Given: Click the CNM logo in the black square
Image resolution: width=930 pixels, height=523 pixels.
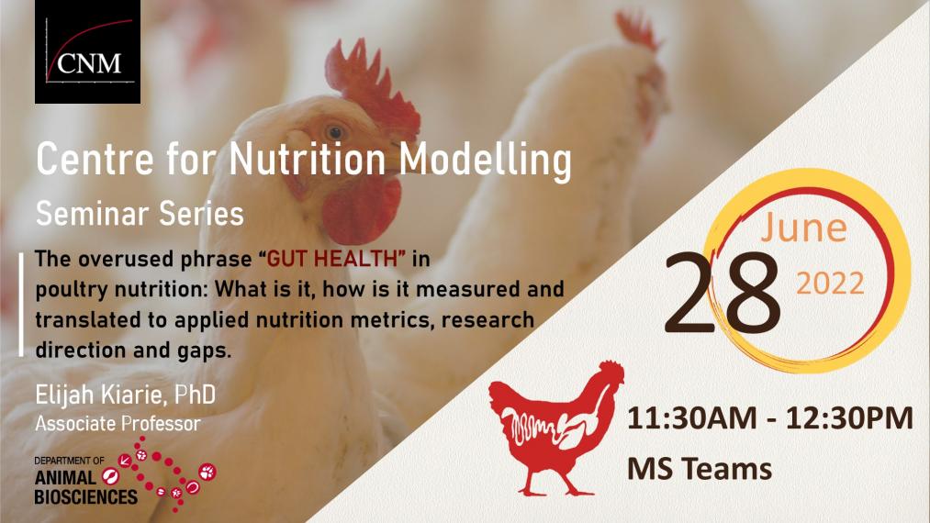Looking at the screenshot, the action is (88, 52).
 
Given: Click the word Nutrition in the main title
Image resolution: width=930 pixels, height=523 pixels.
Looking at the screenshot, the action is (308, 159).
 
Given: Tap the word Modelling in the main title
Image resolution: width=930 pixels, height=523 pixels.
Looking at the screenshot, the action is (485, 161).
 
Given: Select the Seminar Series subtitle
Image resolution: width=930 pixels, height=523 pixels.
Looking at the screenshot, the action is (140, 214).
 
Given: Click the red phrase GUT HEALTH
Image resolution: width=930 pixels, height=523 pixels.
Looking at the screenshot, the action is (336, 259).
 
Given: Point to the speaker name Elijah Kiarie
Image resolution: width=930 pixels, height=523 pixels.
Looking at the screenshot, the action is (102, 395).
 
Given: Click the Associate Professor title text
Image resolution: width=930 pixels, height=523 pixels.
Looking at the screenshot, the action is (118, 423).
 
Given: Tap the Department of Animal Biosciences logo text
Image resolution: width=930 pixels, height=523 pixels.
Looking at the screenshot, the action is (86, 481).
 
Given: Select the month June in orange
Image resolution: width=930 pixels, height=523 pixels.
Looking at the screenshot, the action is (803, 228).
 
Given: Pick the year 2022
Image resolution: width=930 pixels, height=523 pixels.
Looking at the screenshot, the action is (830, 284).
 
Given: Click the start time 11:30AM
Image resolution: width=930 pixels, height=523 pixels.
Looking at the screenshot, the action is (691, 418).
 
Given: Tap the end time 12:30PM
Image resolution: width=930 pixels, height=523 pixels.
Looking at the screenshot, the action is (849, 418).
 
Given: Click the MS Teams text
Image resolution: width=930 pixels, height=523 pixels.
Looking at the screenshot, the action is (700, 469).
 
